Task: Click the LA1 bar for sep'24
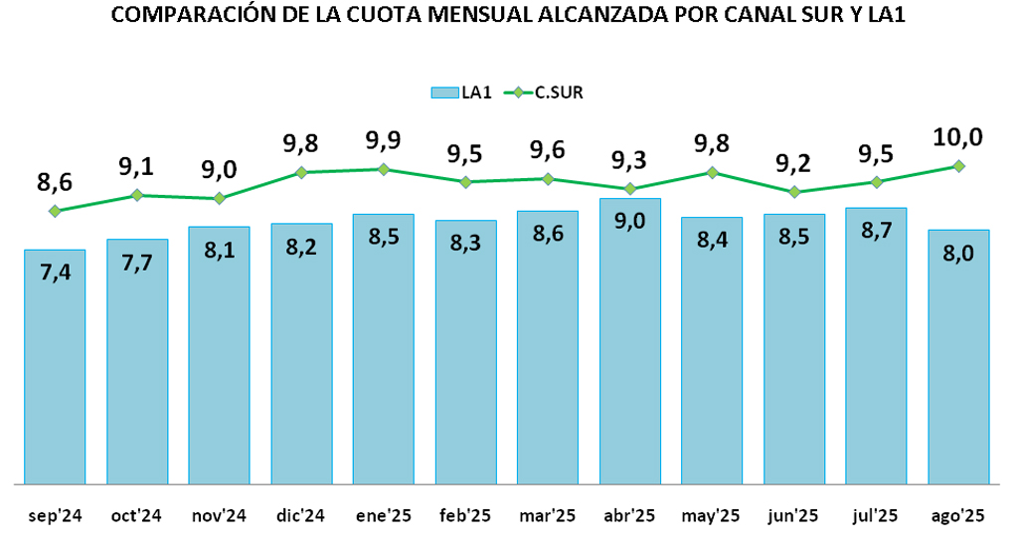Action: pyautogui.click(x=55, y=368)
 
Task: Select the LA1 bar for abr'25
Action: pyautogui.click(x=629, y=343)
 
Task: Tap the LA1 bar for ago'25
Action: pyautogui.click(x=958, y=358)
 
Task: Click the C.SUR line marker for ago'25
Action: pyautogui.click(x=958, y=166)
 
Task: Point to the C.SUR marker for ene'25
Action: pyautogui.click(x=384, y=169)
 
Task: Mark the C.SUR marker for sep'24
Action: pyautogui.click(x=55, y=211)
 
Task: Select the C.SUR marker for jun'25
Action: pyautogui.click(x=794, y=192)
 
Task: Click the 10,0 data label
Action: pyautogui.click(x=958, y=137)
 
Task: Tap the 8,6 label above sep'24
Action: pyautogui.click(x=56, y=183)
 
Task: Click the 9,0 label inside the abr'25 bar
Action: pyautogui.click(x=629, y=222)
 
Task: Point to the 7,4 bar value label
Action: pyautogui.click(x=56, y=274)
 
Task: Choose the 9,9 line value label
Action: pyautogui.click(x=384, y=140)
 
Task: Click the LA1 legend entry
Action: pyautogui.click(x=462, y=92)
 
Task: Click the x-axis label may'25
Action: pyautogui.click(x=711, y=516)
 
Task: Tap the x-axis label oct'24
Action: pyautogui.click(x=137, y=516)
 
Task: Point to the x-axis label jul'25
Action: pyautogui.click(x=876, y=516)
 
